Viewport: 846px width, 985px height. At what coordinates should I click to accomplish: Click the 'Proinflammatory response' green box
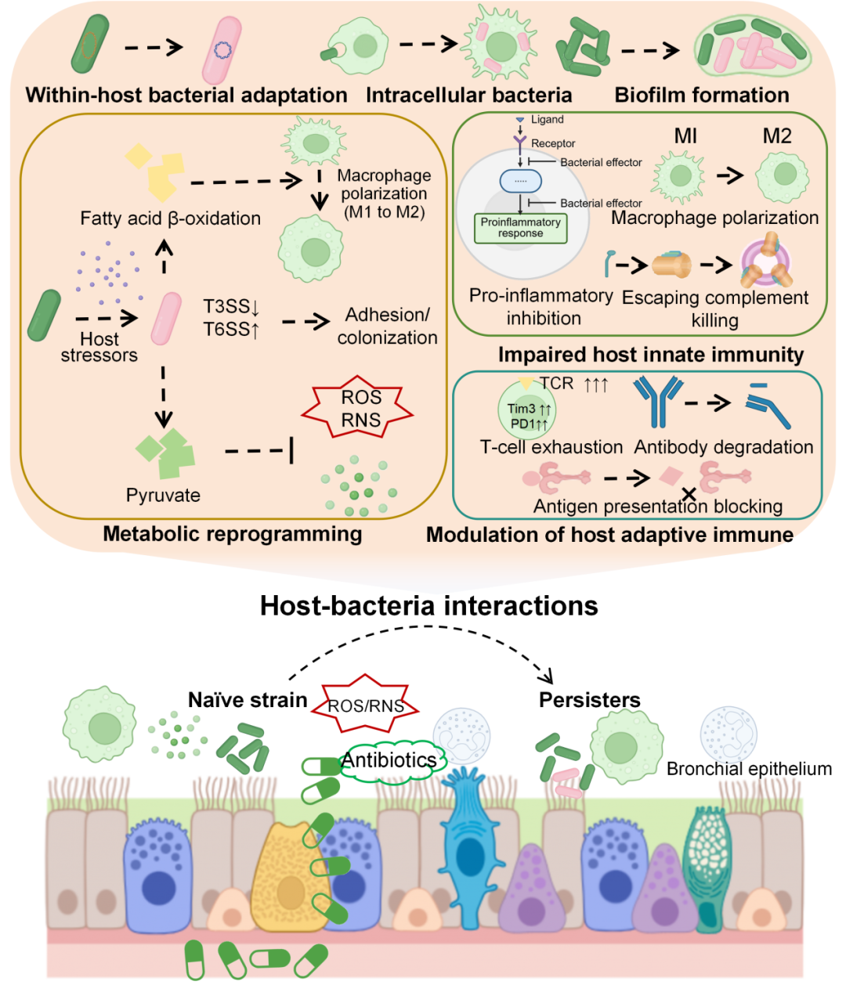pos(520,229)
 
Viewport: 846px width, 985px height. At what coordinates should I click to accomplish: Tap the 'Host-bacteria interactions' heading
pos(428,606)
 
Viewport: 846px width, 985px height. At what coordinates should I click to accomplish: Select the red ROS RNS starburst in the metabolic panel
pos(357,407)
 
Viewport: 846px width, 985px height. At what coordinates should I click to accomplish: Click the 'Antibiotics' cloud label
pos(389,760)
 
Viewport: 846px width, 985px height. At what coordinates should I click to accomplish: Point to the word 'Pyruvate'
pos(163,496)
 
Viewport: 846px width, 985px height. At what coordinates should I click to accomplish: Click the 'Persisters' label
pos(589,700)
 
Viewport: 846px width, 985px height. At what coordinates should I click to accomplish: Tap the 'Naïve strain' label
pos(248,700)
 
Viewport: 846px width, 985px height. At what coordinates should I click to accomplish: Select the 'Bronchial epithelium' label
pos(749,769)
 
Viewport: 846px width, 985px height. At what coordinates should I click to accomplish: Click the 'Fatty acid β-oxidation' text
pos(170,218)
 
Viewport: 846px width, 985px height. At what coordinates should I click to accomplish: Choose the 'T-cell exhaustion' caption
pos(551,447)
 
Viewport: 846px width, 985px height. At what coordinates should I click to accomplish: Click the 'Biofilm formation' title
pos(702,95)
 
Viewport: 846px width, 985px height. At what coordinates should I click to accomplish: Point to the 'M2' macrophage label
pos(777,135)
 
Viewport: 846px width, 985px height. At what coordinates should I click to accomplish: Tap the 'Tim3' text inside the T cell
pos(521,409)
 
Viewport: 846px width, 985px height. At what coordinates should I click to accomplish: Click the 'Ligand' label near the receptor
pos(547,119)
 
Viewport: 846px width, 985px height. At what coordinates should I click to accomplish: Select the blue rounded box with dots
pos(520,181)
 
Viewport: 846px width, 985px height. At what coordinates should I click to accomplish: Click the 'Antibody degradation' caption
pos(724,447)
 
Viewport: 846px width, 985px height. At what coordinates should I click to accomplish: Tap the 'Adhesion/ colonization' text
pos(387,326)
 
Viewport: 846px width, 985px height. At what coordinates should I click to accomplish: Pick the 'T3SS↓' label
pos(231,306)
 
